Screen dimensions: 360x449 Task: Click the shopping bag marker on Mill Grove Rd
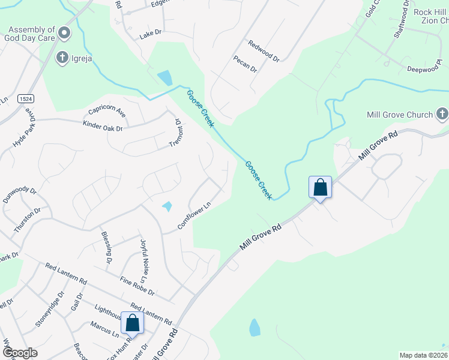pyautogui.click(x=321, y=187)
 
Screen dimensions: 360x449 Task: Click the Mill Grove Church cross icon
pyautogui.click(x=442, y=114)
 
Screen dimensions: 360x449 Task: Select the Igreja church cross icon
pyautogui.click(x=62, y=58)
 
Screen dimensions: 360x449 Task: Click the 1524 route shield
pyautogui.click(x=25, y=98)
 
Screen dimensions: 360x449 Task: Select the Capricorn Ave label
pyautogui.click(x=107, y=112)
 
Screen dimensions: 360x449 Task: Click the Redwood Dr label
pyautogui.click(x=264, y=51)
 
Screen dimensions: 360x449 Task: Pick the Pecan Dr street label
pyautogui.click(x=246, y=64)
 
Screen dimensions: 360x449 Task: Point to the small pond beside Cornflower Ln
pyautogui.click(x=167, y=206)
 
